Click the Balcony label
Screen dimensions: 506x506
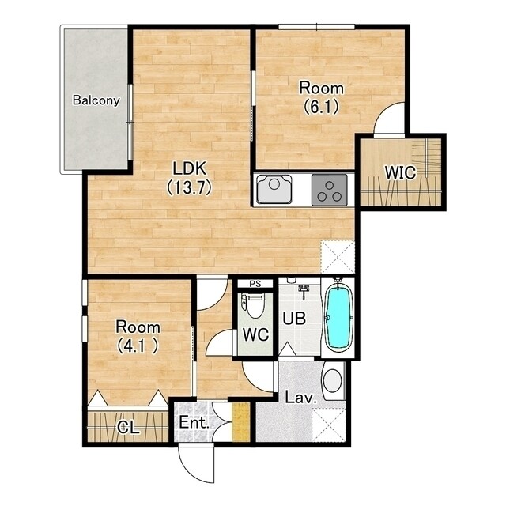pyautogui.click(x=96, y=100)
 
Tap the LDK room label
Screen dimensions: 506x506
pyautogui.click(x=190, y=168)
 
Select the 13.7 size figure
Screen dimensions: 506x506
pyautogui.click(x=189, y=187)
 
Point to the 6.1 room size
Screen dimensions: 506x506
pyautogui.click(x=322, y=107)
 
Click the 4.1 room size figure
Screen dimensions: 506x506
pyautogui.click(x=138, y=346)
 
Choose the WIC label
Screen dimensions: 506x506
pyautogui.click(x=400, y=173)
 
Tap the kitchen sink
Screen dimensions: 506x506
pyautogui.click(x=274, y=190)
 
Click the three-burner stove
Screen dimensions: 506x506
pyautogui.click(x=330, y=190)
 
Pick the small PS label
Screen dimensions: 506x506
pyautogui.click(x=255, y=284)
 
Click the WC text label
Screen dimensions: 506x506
pyautogui.click(x=255, y=334)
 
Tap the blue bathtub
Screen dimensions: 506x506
pyautogui.click(x=338, y=318)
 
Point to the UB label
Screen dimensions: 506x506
pyautogui.click(x=294, y=319)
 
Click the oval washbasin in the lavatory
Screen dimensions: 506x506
pyautogui.click(x=332, y=381)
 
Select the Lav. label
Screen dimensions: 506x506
pyautogui.click(x=300, y=398)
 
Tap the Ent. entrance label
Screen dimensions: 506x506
pyautogui.click(x=194, y=422)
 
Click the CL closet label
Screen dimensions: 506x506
pyautogui.click(x=128, y=428)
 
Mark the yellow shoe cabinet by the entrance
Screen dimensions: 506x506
pyautogui.click(x=241, y=421)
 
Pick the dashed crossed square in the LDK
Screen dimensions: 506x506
pyautogui.click(x=338, y=257)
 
